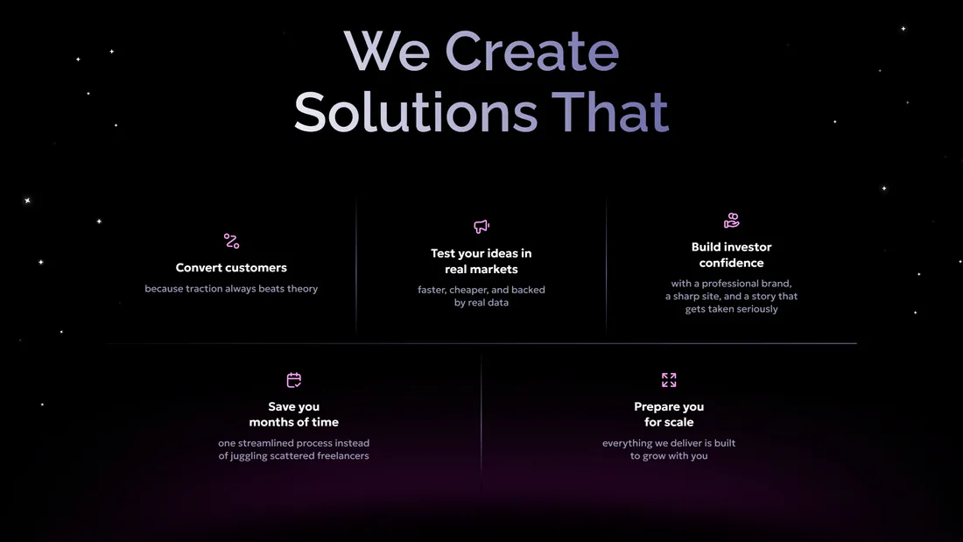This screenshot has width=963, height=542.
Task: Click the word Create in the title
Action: (x=532, y=51)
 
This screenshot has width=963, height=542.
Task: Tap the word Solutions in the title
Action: (x=416, y=111)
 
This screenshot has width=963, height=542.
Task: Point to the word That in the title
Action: (x=610, y=111)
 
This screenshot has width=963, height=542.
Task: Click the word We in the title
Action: (x=386, y=51)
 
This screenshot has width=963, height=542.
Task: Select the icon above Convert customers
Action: (x=231, y=241)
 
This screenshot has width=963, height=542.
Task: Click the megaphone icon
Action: (x=481, y=226)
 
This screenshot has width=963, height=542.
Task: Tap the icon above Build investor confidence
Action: (x=732, y=220)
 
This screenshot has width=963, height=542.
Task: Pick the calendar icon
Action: (x=293, y=380)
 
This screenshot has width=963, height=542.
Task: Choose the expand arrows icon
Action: (x=669, y=380)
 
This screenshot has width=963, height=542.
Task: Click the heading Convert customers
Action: (x=231, y=267)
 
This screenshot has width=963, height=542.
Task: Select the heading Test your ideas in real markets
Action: (x=481, y=261)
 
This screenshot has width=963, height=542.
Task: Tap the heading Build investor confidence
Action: (x=732, y=255)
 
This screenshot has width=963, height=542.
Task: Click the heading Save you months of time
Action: (x=293, y=414)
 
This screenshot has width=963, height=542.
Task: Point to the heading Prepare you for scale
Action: (x=669, y=414)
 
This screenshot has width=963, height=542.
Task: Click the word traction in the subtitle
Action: (x=204, y=288)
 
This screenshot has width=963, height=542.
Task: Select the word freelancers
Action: (x=342, y=456)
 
